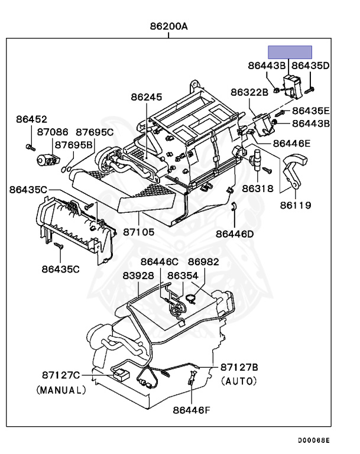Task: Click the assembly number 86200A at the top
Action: pos(168,26)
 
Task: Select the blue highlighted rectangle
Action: pos(290,52)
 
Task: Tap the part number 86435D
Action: pos(310,65)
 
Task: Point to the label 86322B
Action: pos(249,92)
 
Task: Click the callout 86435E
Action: pos(311,111)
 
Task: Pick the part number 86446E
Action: pos(291,144)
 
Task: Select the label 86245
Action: pos(146,97)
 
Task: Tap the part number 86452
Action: pos(31,120)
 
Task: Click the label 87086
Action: pos(53,133)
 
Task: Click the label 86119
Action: pos(296,206)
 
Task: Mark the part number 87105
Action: pos(138,232)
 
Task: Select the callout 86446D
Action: pos(235,234)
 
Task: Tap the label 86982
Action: pos(203,262)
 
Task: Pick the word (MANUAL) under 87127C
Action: pos(61,390)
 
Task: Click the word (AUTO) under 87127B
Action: pos(239,382)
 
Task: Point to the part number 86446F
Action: pos(192,410)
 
